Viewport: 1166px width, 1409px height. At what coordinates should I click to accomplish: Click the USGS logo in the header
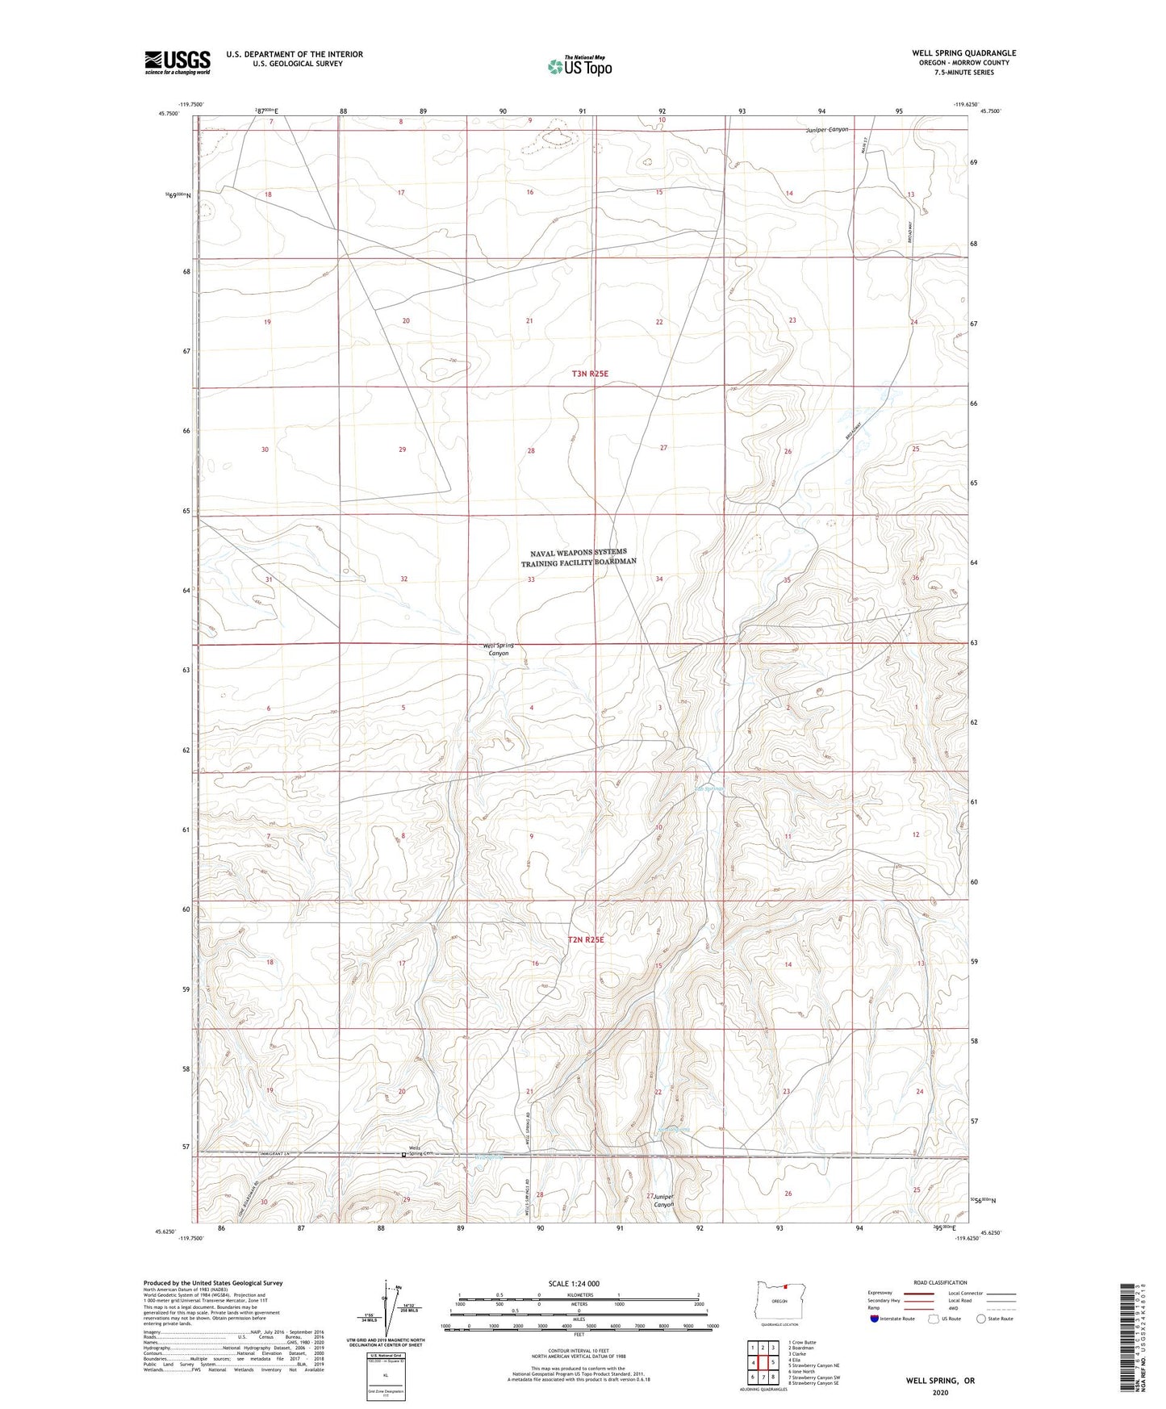(x=178, y=61)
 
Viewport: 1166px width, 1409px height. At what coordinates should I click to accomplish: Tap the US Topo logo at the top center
(x=579, y=66)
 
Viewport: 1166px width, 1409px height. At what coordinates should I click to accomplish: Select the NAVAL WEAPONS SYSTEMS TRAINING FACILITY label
(x=579, y=556)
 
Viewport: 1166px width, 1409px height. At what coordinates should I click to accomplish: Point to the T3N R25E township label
(x=589, y=374)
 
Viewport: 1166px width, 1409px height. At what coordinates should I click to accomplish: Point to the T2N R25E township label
(x=587, y=940)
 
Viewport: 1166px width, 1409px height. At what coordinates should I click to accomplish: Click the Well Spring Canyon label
(x=498, y=650)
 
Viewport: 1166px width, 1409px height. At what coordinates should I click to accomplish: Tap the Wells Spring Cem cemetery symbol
(x=404, y=1154)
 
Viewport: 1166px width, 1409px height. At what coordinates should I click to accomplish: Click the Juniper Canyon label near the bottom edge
(x=663, y=1200)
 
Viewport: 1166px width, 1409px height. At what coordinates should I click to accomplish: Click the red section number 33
(x=531, y=579)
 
